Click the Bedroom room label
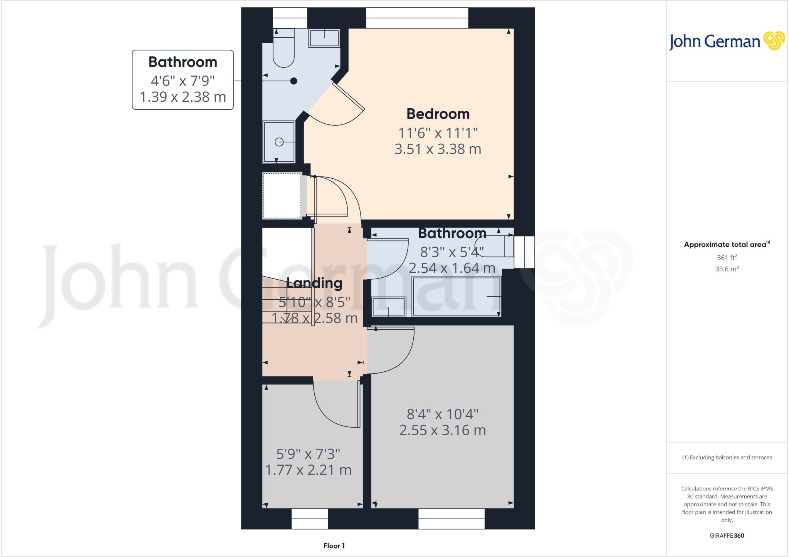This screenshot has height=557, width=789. (438, 114)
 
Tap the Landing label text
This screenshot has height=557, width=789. (314, 283)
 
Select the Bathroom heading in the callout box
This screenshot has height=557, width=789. (183, 62)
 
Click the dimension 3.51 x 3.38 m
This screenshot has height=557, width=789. (438, 149)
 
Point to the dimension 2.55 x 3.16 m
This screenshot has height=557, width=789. (443, 430)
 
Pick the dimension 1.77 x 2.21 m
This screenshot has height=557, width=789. (308, 470)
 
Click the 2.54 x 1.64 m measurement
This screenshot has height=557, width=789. (452, 268)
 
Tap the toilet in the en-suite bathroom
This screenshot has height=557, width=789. (284, 48)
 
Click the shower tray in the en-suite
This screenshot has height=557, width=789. (279, 142)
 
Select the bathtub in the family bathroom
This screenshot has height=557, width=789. (456, 297)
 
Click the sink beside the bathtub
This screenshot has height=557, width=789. (389, 307)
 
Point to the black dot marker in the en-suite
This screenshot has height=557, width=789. (294, 81)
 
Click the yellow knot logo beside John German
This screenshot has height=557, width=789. (774, 41)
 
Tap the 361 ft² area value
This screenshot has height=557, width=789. (727, 258)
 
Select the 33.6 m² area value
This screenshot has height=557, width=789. (727, 269)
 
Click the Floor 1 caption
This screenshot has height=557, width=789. (334, 546)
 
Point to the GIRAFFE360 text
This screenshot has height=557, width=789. (727, 535)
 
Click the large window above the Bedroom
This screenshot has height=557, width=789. (417, 18)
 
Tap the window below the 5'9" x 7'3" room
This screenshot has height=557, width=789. (310, 518)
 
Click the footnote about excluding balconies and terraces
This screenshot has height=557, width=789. (727, 458)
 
